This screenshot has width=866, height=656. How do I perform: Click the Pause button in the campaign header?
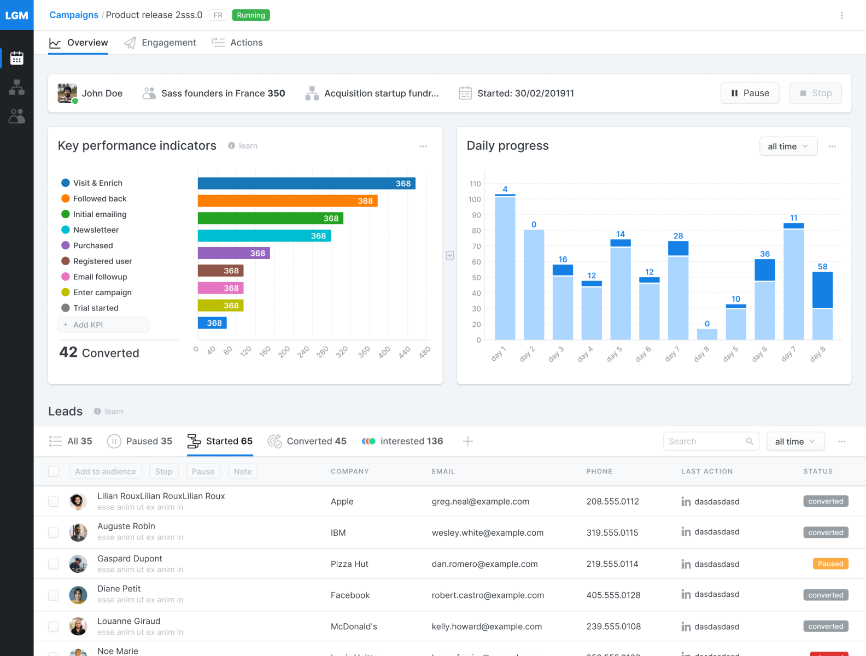(750, 93)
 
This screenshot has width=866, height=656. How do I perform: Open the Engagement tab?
(160, 43)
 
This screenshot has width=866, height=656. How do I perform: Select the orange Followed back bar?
(287, 201)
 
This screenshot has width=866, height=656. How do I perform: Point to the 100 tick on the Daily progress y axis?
(475, 200)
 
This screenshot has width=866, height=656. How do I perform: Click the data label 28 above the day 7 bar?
(678, 236)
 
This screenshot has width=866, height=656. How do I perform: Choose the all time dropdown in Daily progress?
(788, 147)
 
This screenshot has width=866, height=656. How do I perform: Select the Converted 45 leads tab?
(307, 441)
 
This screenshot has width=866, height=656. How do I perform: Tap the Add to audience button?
(106, 471)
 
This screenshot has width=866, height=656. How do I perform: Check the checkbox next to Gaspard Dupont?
(54, 564)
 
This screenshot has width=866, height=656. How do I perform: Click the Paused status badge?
(830, 564)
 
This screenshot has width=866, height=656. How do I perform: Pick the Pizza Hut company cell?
(349, 564)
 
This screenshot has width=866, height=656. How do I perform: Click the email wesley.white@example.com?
(487, 532)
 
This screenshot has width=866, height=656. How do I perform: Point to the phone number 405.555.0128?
(613, 595)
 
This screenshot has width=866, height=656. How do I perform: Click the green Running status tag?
(251, 15)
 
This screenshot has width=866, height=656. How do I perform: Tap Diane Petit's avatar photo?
(78, 595)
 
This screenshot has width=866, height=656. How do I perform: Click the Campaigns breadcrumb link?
(74, 15)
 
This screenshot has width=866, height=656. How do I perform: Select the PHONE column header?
(599, 471)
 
